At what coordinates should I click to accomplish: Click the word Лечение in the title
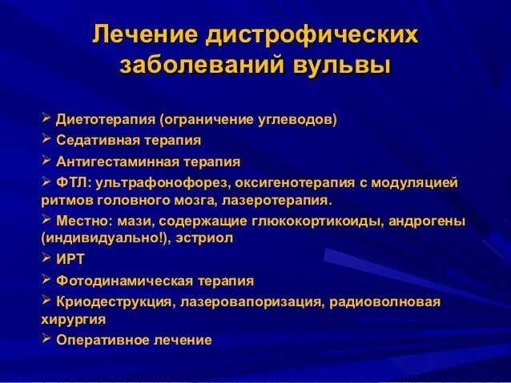tap(143, 35)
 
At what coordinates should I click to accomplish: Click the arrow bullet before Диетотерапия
tap(45, 119)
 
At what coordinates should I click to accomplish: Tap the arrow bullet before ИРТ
tap(45, 259)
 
